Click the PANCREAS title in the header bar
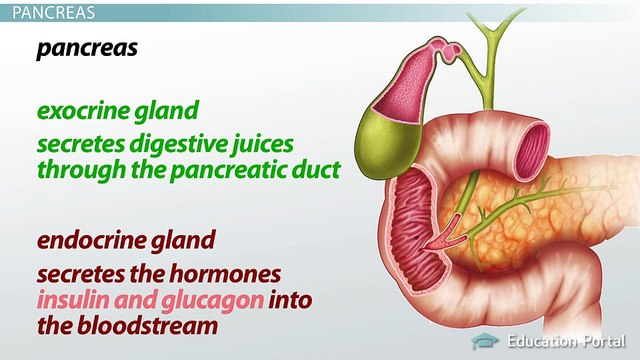tap(49, 13)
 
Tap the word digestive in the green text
tap(169, 142)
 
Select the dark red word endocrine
tap(86, 240)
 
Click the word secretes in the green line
tap(76, 142)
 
